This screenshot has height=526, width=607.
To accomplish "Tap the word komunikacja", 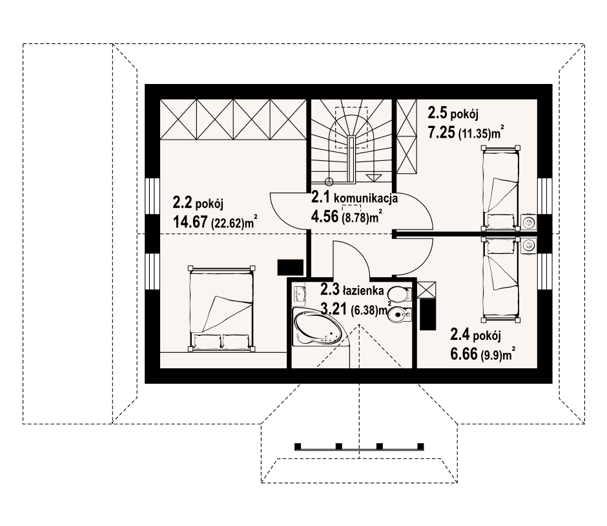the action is click(x=366, y=198).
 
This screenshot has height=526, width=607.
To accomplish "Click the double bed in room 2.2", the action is click(x=221, y=308).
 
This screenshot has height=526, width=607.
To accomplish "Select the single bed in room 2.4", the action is click(x=500, y=279).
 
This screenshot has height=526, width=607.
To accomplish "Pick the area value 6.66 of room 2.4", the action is click(x=464, y=354).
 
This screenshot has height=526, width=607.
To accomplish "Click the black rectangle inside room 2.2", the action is click(x=291, y=268).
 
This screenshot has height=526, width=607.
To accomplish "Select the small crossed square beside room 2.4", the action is click(x=427, y=289).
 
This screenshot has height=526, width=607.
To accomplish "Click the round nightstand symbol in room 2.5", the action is click(x=528, y=222).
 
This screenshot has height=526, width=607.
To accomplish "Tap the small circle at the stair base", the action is click(x=329, y=181).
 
